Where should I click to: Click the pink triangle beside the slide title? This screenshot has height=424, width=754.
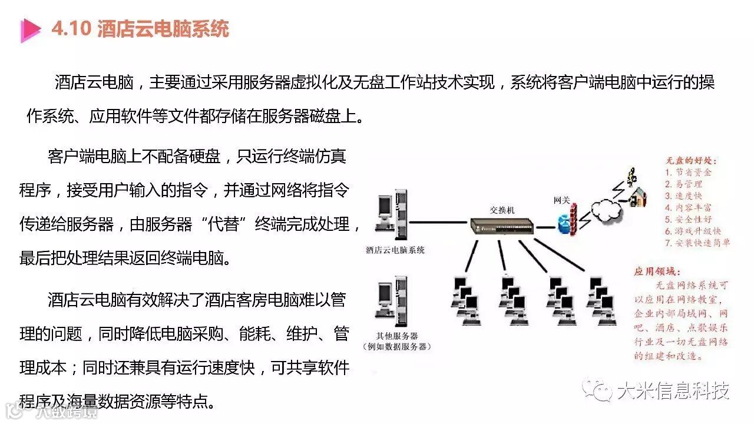coord(29,29)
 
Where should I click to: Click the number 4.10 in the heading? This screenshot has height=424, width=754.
coord(71,29)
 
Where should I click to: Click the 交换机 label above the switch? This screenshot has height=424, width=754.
coord(502,210)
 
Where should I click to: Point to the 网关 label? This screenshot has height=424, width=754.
coord(562,200)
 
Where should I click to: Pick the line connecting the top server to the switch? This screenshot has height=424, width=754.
coord(439,223)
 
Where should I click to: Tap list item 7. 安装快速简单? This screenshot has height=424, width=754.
coord(697,243)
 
